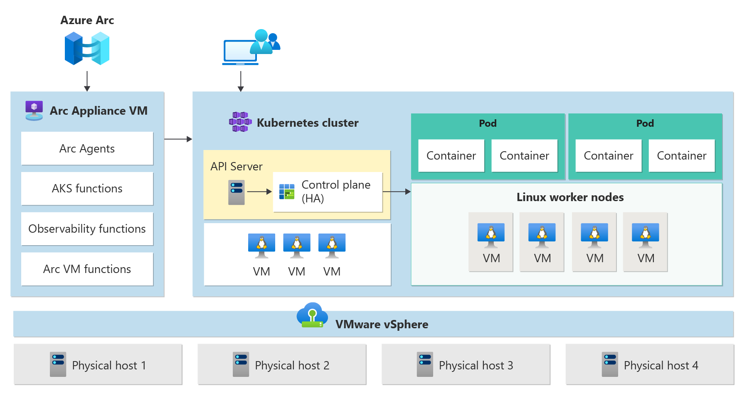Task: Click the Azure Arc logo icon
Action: tap(87, 49)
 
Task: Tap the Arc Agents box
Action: tap(87, 148)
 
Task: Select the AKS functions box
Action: tap(87, 189)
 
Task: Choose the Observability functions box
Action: tap(87, 229)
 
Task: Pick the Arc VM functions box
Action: tap(87, 269)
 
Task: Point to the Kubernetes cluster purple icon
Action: tap(240, 122)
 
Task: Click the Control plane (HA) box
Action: tap(328, 192)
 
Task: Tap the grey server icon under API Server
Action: tap(236, 192)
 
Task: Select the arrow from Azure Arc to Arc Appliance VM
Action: tap(87, 81)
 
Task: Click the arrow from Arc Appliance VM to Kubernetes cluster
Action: tap(178, 139)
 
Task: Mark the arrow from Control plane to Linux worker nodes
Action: tap(397, 192)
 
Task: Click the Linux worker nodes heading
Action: tap(570, 197)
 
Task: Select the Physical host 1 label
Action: tap(109, 366)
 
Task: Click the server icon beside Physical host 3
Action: tap(425, 364)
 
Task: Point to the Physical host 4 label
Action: tap(661, 366)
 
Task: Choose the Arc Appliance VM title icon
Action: tap(34, 111)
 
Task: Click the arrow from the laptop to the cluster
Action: tap(241, 81)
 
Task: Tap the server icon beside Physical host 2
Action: tap(241, 364)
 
